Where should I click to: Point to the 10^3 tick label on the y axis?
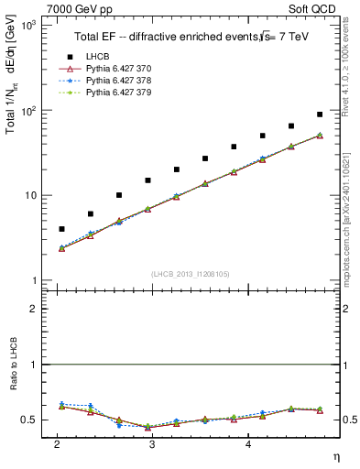coord(27,26)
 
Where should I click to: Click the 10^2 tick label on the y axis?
coord(27,111)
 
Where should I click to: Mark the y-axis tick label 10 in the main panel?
coord(30,196)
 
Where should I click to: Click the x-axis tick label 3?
coord(152,444)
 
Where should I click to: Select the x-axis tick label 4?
coord(246,444)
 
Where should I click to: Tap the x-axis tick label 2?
coord(58,444)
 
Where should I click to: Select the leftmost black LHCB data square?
coord(61,229)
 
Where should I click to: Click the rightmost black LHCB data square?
coord(320,115)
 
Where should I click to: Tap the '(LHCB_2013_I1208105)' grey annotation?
coord(191,274)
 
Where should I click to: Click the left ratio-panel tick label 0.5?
coord(29,420)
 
